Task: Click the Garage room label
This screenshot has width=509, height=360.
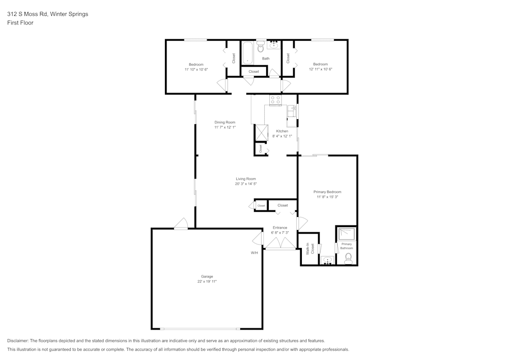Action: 207,276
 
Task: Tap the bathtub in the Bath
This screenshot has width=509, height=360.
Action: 248,53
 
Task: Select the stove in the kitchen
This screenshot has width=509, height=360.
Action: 275,100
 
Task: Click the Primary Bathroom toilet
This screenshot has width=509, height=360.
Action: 349,259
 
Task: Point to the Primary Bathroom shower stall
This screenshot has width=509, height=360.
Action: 347,234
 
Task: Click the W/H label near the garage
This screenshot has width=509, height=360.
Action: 254,253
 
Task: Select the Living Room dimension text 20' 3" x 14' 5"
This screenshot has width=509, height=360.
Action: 246,184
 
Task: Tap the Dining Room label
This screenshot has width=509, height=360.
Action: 224,122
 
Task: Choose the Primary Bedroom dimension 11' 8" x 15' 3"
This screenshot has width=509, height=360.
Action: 327,197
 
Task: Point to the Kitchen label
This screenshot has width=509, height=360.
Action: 282,131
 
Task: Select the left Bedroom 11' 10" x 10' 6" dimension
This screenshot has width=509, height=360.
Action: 196,69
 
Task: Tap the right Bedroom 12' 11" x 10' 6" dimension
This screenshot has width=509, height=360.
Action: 321,69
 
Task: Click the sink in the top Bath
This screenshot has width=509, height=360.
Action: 273,45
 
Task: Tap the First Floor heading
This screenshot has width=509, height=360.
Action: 20,23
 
